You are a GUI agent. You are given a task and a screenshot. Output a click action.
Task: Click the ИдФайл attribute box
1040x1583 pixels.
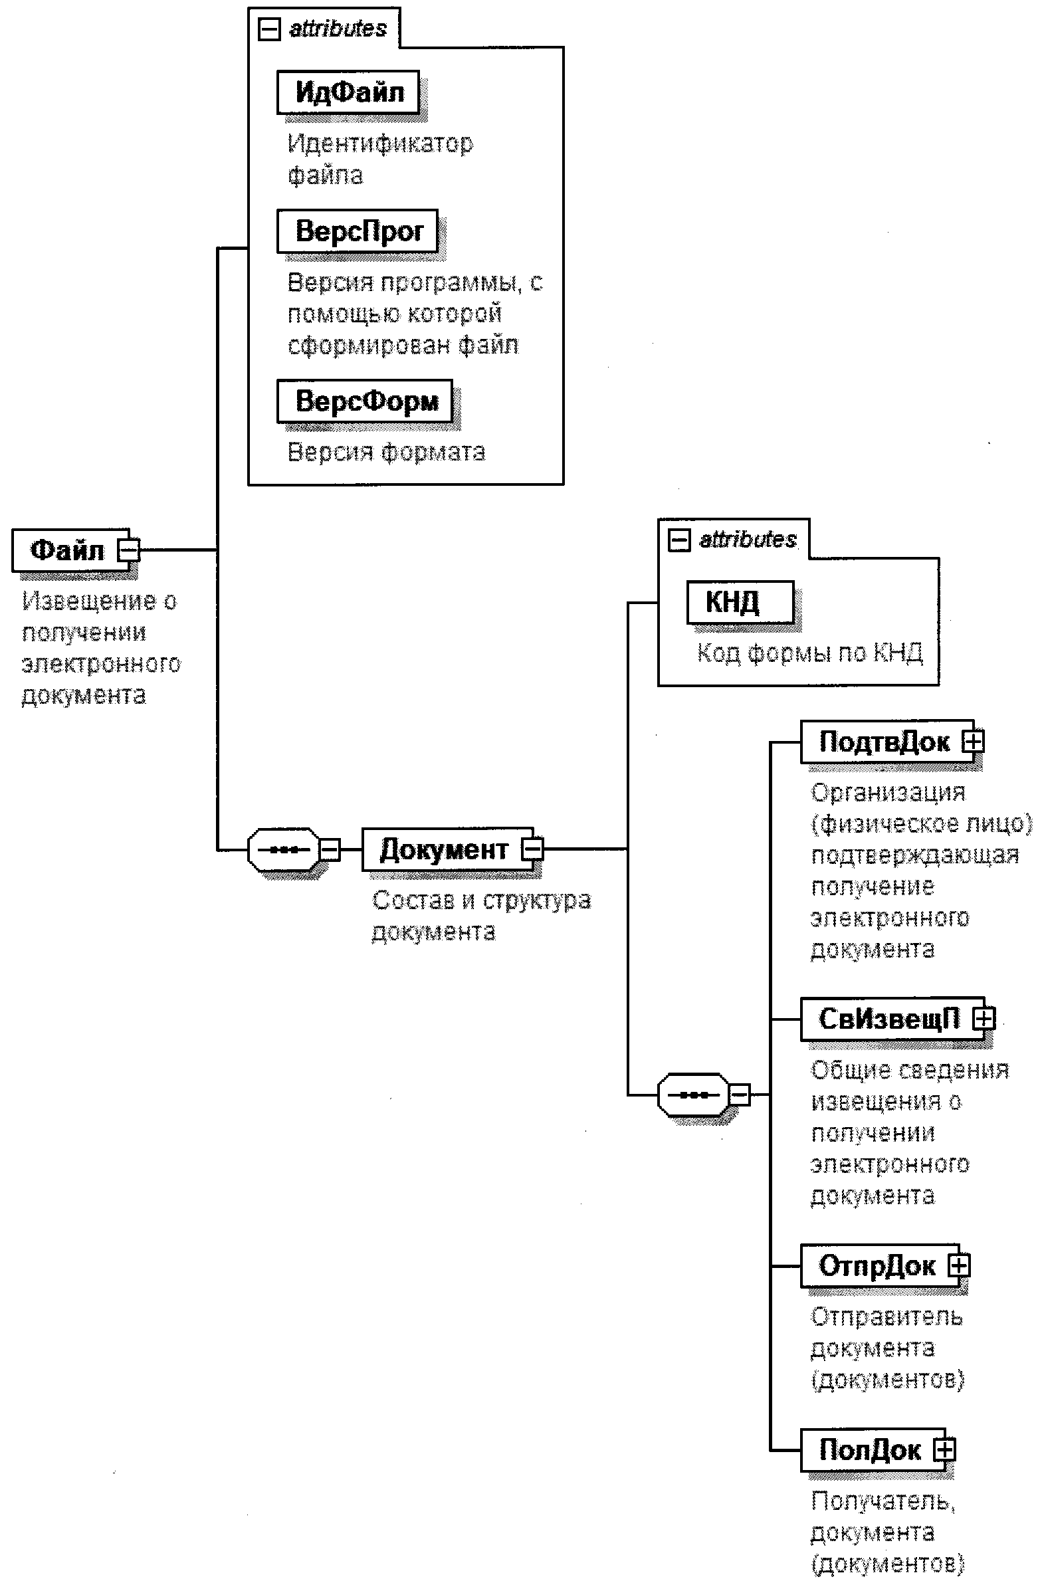click(x=348, y=92)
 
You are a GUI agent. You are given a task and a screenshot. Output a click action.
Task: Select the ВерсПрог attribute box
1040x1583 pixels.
click(x=357, y=231)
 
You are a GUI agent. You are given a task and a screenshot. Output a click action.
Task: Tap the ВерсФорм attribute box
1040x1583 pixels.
click(x=364, y=401)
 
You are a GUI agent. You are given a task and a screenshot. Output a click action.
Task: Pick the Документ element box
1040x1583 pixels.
click(x=443, y=849)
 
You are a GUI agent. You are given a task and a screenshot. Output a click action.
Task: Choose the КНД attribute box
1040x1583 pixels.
click(x=740, y=602)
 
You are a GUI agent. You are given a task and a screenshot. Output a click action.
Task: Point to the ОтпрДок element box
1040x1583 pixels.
click(x=876, y=1265)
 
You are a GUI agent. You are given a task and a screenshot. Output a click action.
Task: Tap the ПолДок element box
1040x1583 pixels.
click(x=869, y=1450)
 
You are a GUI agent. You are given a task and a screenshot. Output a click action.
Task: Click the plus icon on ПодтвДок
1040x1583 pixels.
click(x=974, y=741)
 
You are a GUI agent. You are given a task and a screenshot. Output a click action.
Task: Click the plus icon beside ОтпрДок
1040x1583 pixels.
click(x=959, y=1265)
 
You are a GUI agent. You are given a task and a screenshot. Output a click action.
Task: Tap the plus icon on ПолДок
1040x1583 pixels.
click(x=944, y=1450)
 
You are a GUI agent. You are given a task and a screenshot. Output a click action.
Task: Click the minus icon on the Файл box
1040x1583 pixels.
click(x=129, y=550)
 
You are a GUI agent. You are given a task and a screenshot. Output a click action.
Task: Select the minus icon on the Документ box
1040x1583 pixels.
click(x=533, y=849)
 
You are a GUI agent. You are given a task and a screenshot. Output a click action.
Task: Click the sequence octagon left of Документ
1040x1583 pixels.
click(x=283, y=849)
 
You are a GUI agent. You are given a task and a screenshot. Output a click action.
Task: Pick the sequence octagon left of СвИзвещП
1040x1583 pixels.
click(x=693, y=1094)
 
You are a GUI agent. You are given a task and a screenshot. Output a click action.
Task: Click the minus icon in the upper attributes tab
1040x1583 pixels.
click(x=268, y=29)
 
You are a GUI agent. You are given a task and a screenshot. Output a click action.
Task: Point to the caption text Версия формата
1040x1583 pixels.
click(x=385, y=453)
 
